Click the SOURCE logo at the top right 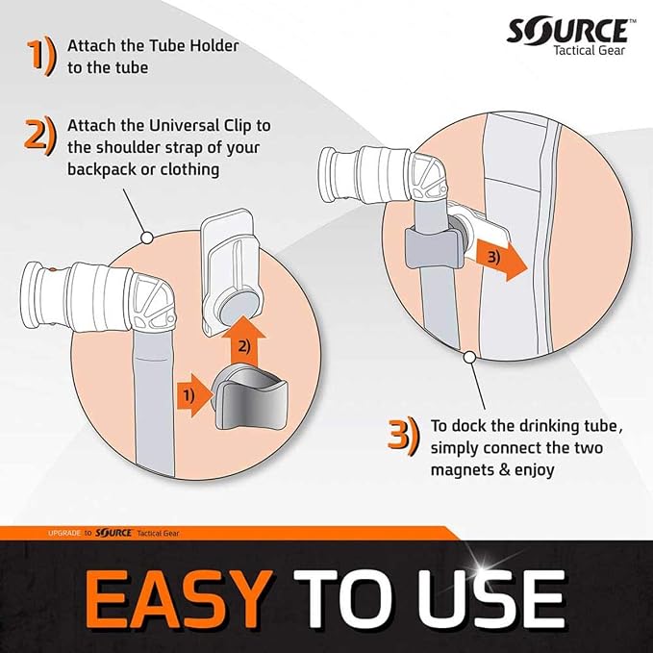tap(568, 31)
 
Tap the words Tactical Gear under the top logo tap(589, 50)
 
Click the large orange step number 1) tap(40, 56)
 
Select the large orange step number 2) tap(40, 136)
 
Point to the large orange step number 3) tap(402, 436)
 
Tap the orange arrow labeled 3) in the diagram tap(501, 259)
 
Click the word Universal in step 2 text tap(185, 125)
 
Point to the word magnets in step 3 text tap(462, 470)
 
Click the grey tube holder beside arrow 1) tap(249, 403)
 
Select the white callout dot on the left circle tap(146, 239)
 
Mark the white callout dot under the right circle tap(469, 358)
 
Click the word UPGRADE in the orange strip tap(63, 533)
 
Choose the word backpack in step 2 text tap(101, 169)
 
